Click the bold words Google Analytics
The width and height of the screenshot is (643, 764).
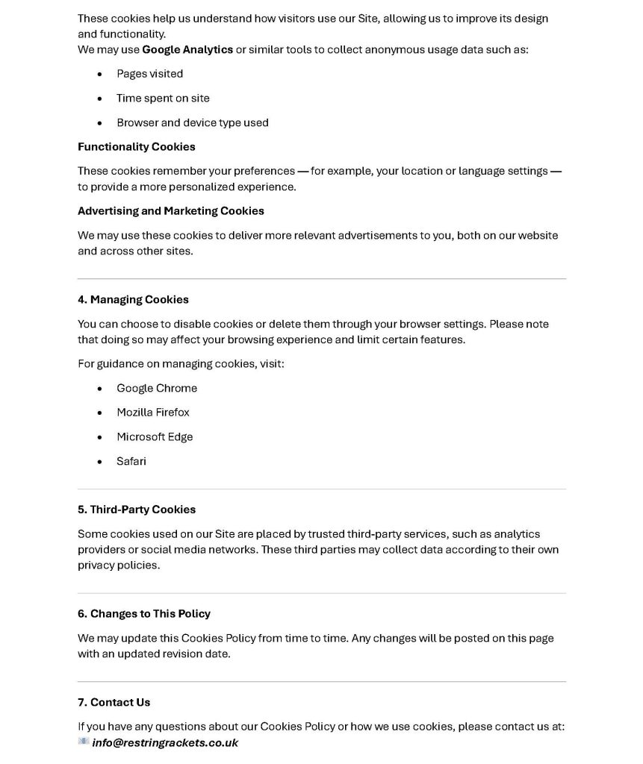[x=187, y=50]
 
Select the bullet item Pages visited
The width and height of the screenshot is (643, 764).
[x=149, y=74]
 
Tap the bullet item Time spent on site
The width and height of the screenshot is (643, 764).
[x=163, y=98]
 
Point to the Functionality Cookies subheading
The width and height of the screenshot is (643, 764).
[x=137, y=147]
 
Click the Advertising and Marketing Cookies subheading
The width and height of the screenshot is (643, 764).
[x=171, y=211]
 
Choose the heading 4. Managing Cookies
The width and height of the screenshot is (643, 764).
[x=133, y=300]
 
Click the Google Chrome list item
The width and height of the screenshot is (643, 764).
[x=157, y=388]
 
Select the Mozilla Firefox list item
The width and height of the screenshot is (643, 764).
[x=153, y=413]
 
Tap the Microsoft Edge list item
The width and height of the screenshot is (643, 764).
[x=155, y=437]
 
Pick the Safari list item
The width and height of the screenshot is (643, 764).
[x=131, y=462]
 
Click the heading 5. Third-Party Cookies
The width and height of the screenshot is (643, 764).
[x=137, y=510]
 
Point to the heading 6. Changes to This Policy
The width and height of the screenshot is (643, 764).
[x=144, y=614]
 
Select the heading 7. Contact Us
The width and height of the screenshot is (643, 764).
[x=114, y=703]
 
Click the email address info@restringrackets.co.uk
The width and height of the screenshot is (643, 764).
[x=165, y=743]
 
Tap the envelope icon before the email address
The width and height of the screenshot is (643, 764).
[x=84, y=742]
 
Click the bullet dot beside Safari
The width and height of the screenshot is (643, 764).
[x=100, y=463]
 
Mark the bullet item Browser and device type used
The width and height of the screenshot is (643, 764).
[x=193, y=123]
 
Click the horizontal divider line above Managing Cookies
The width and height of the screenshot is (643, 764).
[x=321, y=279]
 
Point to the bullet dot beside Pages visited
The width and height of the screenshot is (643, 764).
[x=100, y=75]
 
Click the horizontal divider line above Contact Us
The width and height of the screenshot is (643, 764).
[x=321, y=682]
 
